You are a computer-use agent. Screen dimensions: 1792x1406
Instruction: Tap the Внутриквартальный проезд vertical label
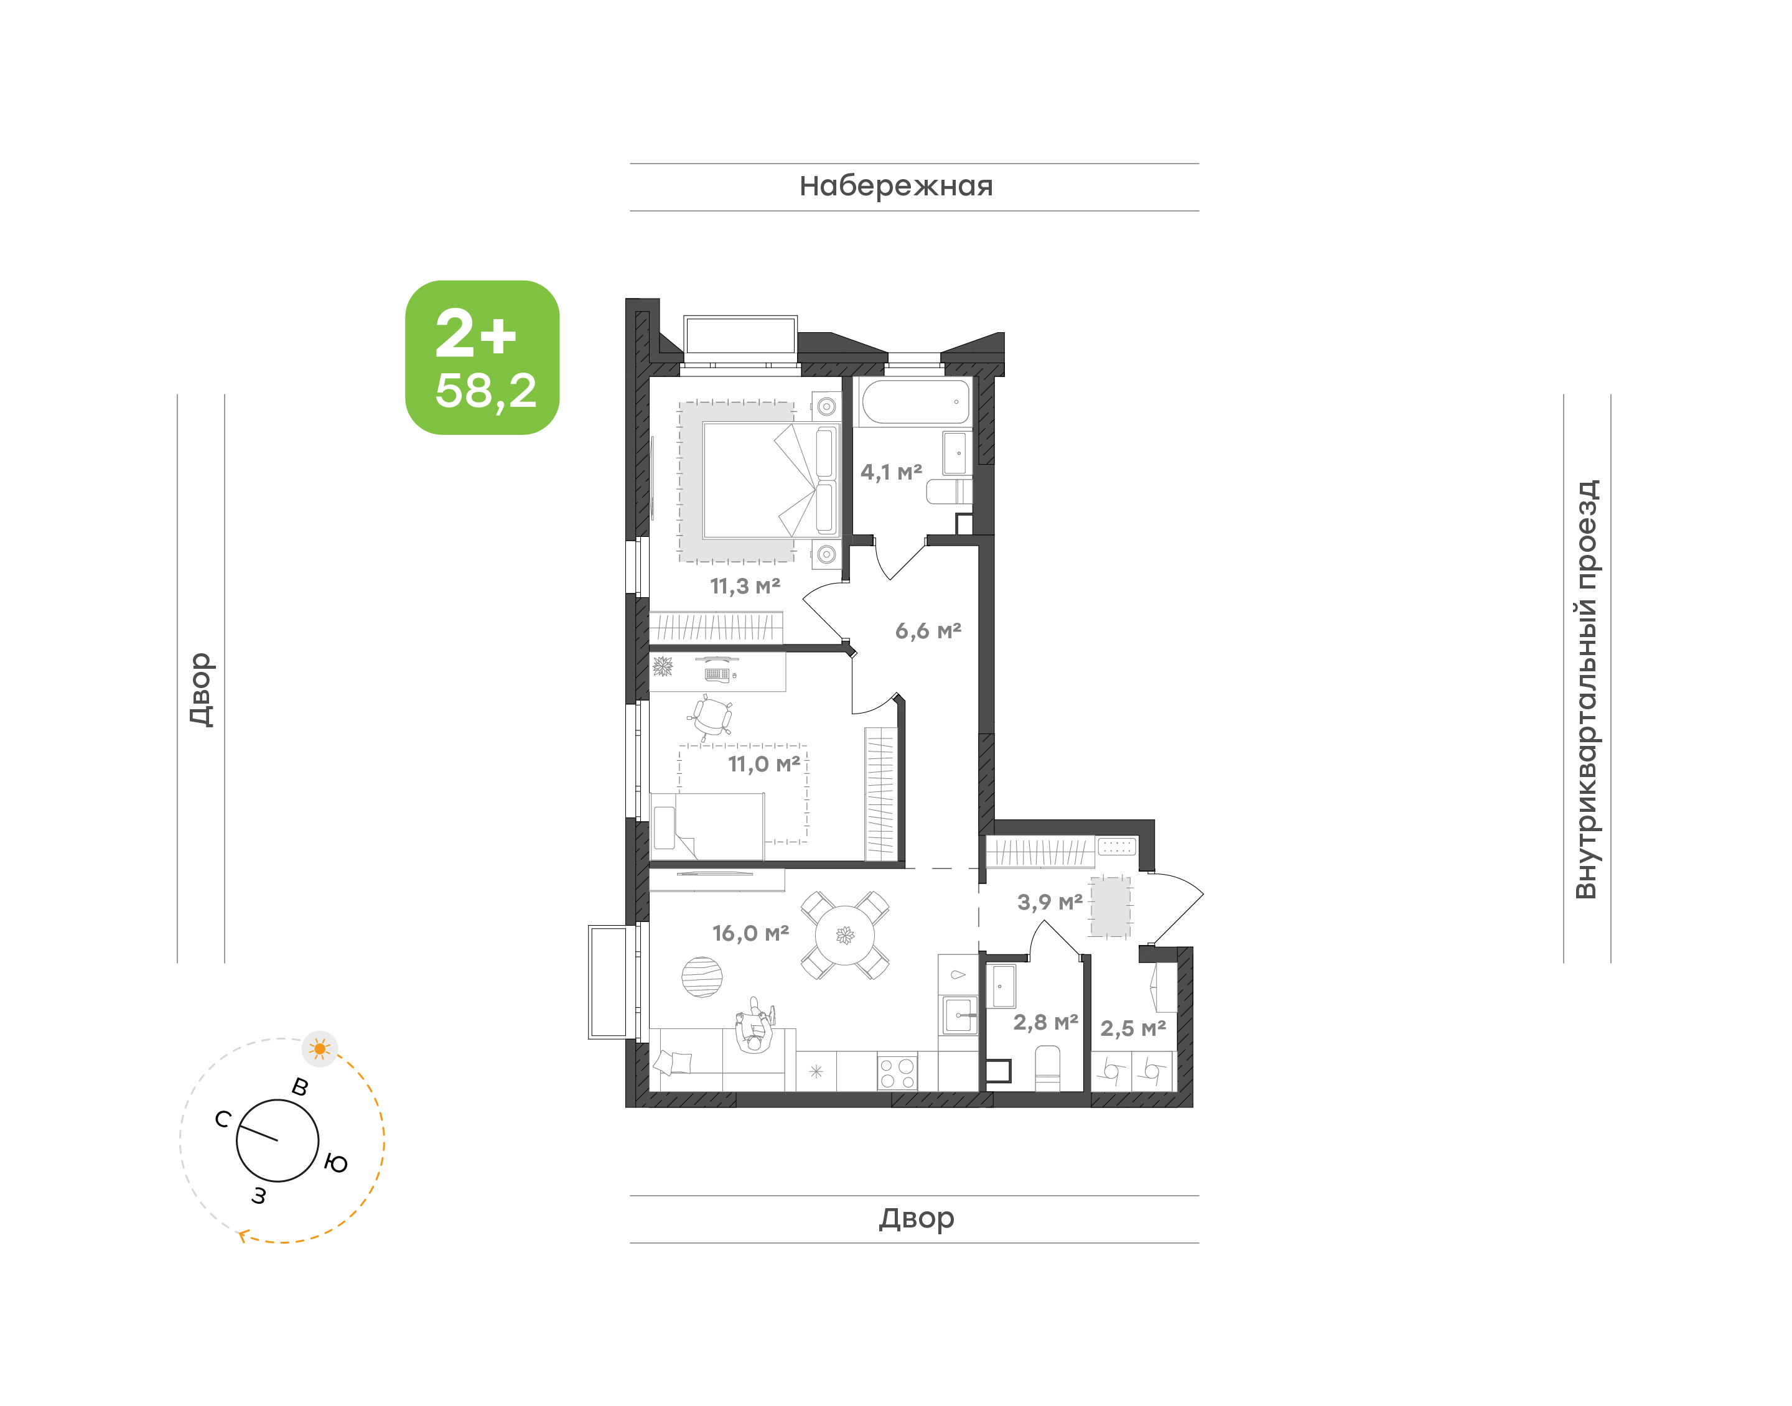[1585, 689]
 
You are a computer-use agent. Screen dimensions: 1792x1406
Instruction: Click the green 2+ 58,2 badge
[482, 357]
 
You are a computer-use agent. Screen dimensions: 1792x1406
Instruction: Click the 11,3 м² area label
[745, 586]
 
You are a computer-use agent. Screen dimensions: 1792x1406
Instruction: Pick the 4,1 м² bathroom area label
[892, 472]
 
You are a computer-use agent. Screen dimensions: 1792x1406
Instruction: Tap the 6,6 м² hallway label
[928, 631]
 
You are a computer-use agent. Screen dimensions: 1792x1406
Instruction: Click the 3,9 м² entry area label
[1050, 902]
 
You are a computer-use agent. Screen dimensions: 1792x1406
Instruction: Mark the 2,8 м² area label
[1045, 1022]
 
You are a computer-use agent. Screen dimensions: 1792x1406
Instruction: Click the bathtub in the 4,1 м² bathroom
[915, 402]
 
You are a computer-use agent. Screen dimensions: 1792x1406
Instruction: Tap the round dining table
[846, 935]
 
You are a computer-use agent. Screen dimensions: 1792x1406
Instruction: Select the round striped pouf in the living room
[702, 977]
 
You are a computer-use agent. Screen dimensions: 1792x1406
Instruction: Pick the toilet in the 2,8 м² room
[1047, 1068]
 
